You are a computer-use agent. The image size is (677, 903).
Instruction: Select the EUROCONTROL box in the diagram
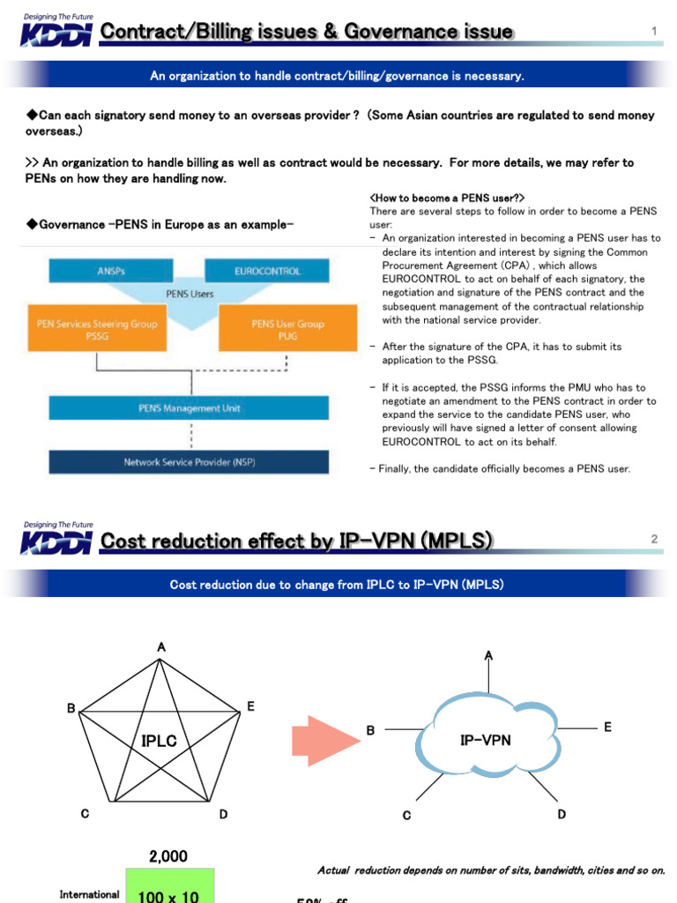(267, 272)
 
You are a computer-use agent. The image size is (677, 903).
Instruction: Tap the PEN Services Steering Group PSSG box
(97, 329)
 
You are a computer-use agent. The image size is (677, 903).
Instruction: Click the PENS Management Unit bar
(189, 408)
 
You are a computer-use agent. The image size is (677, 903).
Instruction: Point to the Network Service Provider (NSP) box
(189, 462)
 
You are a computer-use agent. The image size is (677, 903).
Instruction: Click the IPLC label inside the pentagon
(159, 742)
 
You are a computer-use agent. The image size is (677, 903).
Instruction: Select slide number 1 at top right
(654, 32)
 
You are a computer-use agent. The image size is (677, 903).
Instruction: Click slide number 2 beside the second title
(654, 539)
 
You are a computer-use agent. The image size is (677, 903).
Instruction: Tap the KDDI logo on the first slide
(56, 33)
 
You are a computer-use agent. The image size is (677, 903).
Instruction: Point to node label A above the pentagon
(161, 647)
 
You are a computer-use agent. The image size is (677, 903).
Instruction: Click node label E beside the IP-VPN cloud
(607, 726)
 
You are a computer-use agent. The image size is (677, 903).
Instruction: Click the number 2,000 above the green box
(167, 856)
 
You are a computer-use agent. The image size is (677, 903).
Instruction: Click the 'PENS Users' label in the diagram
(189, 294)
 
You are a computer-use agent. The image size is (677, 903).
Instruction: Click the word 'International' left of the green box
(89, 894)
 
